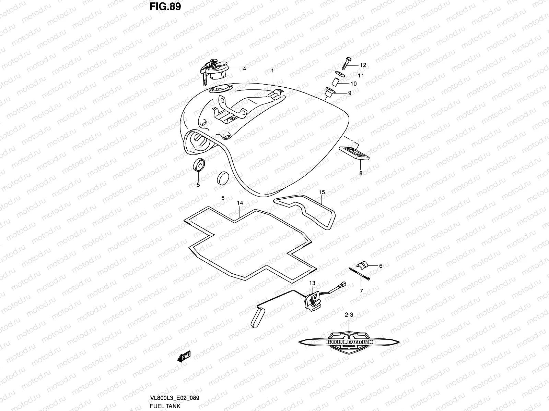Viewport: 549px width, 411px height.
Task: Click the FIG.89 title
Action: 165,7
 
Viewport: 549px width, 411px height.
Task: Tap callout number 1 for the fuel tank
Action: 272,71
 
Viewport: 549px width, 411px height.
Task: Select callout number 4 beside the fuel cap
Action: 244,68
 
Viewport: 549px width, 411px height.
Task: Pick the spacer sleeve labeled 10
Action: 335,83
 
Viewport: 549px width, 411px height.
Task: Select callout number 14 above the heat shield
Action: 240,203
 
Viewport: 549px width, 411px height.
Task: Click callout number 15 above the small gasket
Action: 322,192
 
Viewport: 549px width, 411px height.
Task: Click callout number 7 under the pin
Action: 361,291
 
